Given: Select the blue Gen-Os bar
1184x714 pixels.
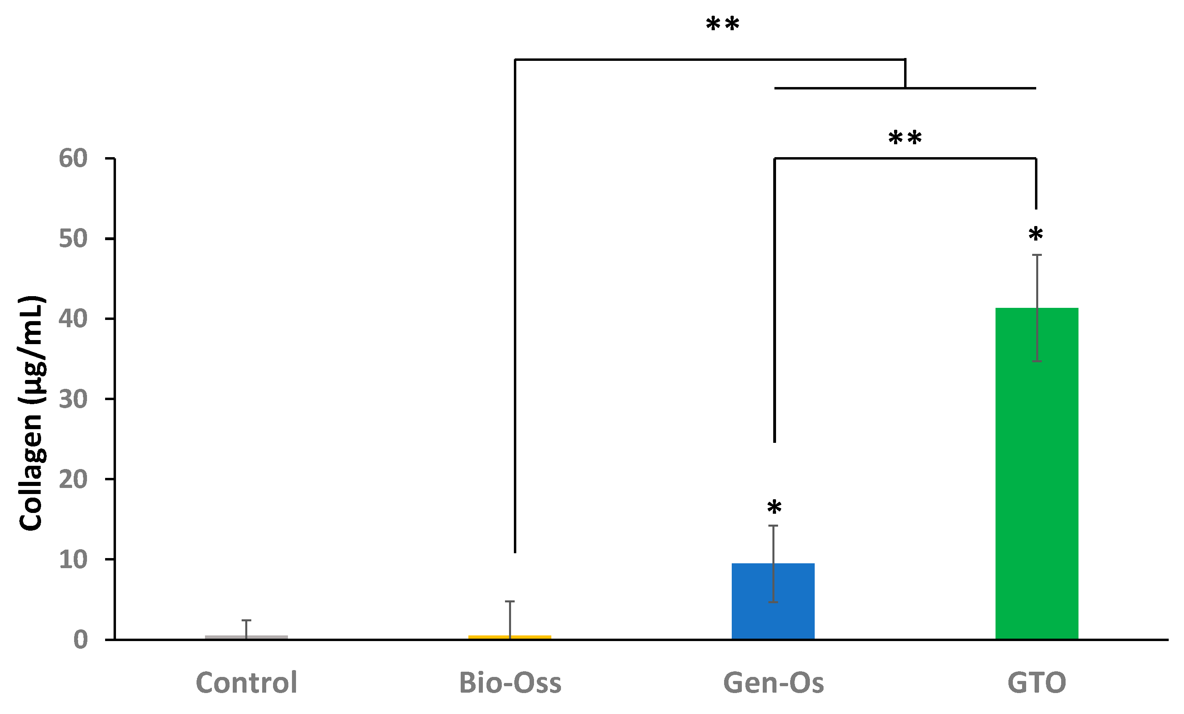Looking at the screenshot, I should (x=773, y=601).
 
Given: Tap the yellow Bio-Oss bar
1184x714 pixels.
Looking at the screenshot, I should (x=510, y=637).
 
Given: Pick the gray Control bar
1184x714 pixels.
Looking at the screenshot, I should (x=246, y=637).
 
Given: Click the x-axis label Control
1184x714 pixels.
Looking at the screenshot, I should (x=246, y=682).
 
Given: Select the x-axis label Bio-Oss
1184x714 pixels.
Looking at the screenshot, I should (x=510, y=682).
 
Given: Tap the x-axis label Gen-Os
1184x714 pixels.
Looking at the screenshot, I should (x=773, y=682).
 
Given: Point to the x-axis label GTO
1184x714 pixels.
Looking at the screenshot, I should (x=1037, y=682).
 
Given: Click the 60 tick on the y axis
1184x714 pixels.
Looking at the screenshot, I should (x=73, y=158).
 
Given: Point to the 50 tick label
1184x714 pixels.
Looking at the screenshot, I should (x=73, y=239).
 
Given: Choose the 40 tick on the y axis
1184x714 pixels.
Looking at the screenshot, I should (x=73, y=319).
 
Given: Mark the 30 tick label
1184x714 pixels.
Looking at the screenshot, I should (x=73, y=399).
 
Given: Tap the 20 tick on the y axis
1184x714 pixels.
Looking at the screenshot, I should (x=73, y=479).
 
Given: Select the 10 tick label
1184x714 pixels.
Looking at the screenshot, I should (x=73, y=560).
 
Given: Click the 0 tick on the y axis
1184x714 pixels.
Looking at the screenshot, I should (x=80, y=640).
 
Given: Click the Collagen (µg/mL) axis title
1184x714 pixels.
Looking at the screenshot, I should (x=32, y=413).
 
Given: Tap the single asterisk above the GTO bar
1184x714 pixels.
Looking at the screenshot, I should (x=1035, y=234).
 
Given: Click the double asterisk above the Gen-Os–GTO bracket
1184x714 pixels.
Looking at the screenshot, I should (x=905, y=137).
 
